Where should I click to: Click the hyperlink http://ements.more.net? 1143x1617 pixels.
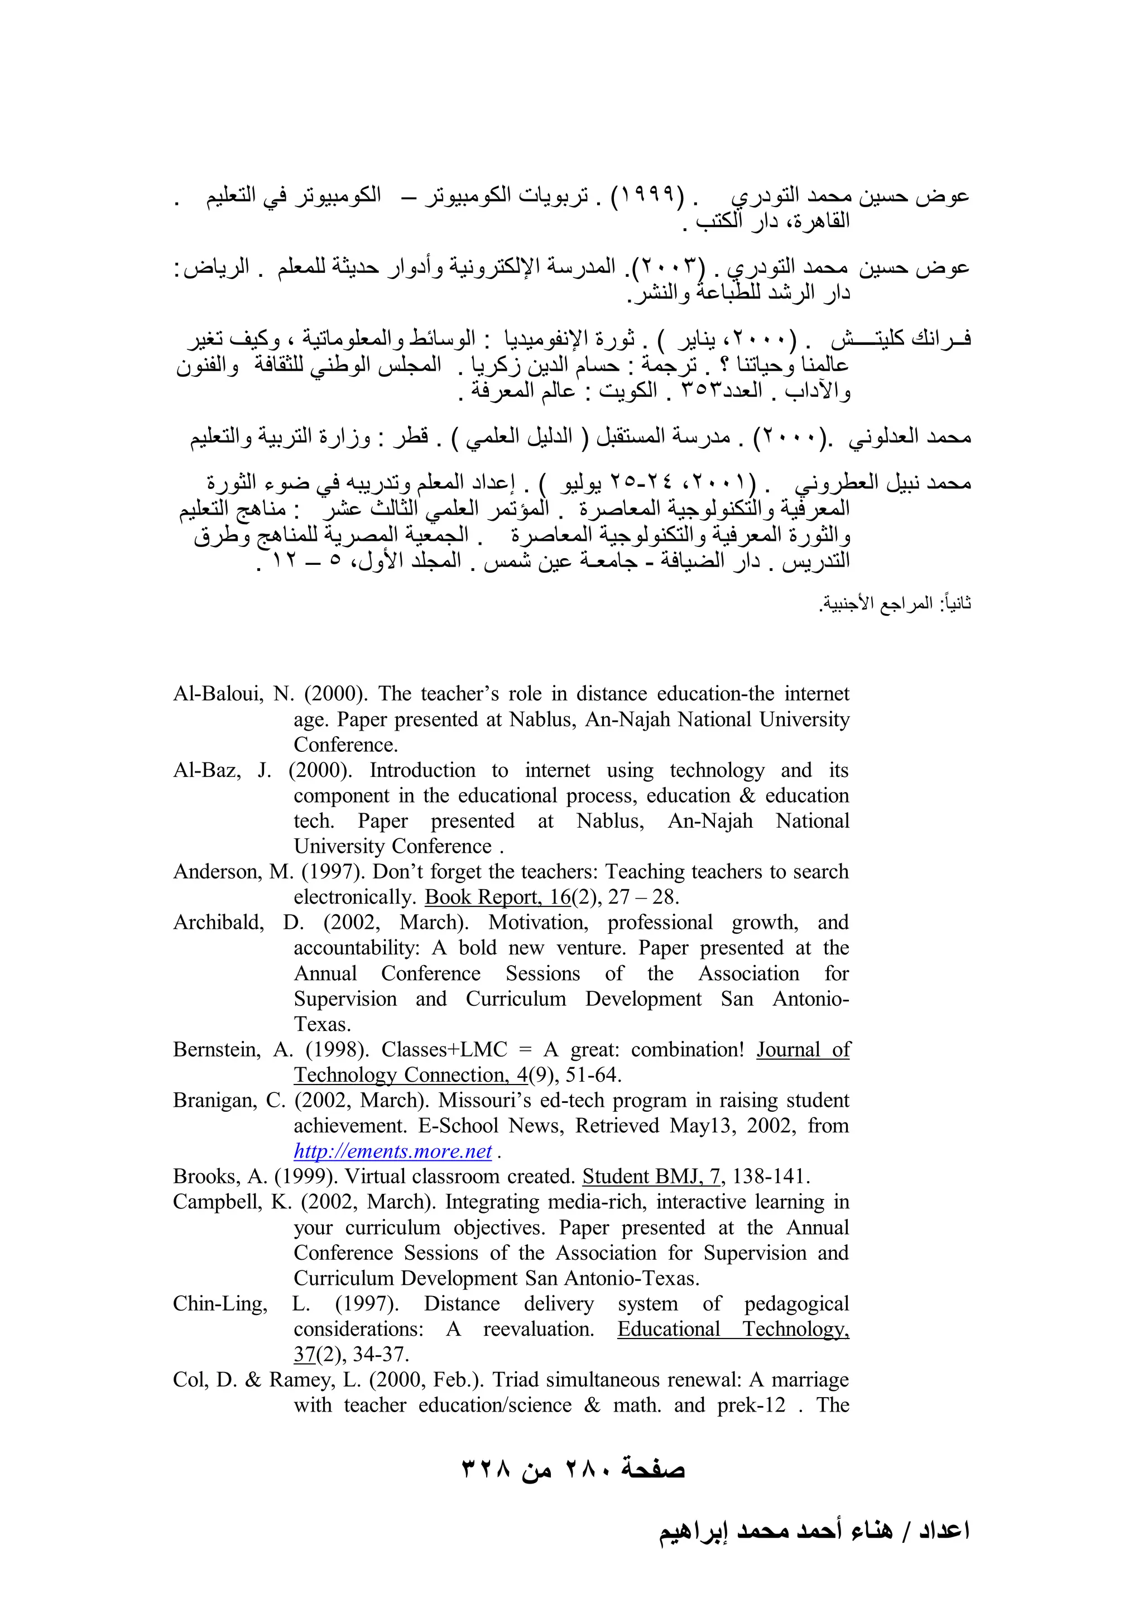pyautogui.click(x=392, y=1151)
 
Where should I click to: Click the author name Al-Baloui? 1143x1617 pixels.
pyautogui.click(x=218, y=694)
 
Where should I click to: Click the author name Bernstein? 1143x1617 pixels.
pyautogui.click(x=216, y=1050)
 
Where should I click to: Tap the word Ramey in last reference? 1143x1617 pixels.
pyautogui.click(x=301, y=1380)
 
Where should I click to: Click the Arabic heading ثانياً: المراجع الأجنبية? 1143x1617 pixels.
pyautogui.click(x=895, y=603)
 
